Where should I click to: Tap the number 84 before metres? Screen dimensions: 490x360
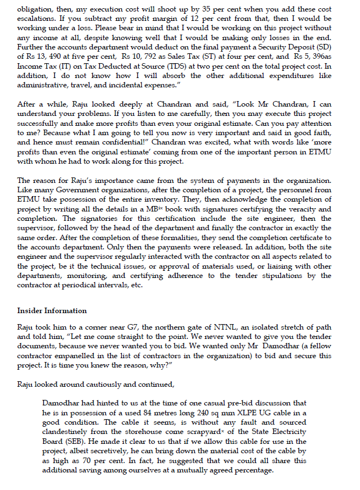(x=162, y=412)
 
